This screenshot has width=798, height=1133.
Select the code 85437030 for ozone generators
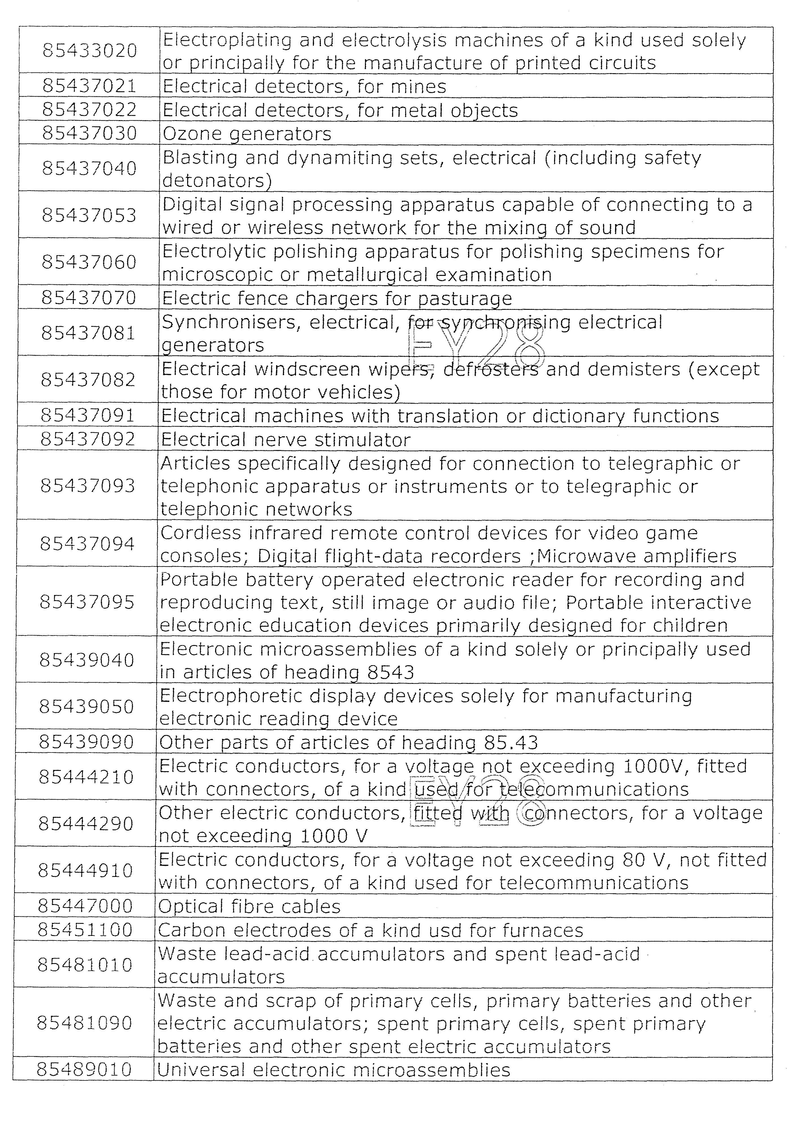click(x=89, y=133)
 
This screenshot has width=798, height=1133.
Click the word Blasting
click(x=200, y=158)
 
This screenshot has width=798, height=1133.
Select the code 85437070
click(x=88, y=298)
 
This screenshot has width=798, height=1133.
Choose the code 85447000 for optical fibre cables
click(x=85, y=906)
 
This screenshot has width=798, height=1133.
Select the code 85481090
click(x=85, y=1023)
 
